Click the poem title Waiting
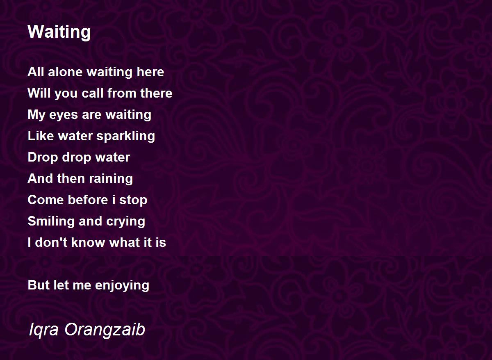click(x=59, y=32)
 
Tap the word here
click(x=150, y=72)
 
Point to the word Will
click(x=39, y=93)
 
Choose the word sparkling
click(x=125, y=137)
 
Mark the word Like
click(x=41, y=136)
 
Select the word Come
click(x=46, y=200)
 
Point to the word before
click(x=88, y=200)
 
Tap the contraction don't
click(x=51, y=242)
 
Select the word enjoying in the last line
click(x=122, y=286)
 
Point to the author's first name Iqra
click(x=44, y=330)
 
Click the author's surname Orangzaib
click(x=105, y=330)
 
